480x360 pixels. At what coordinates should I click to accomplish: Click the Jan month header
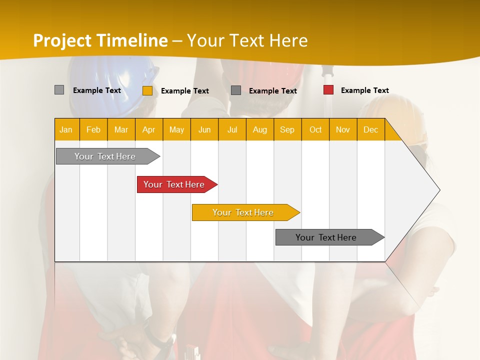[66, 129]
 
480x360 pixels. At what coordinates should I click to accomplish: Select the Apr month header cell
[149, 129]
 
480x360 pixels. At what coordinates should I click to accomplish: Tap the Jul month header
[232, 129]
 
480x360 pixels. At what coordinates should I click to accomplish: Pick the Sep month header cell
[287, 129]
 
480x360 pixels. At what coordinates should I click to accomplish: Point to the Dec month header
[370, 129]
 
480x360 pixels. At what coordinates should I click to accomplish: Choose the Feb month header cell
[93, 129]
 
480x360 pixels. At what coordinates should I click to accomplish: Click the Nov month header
[343, 129]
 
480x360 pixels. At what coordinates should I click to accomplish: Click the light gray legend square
[59, 90]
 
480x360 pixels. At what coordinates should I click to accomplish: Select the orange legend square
[147, 90]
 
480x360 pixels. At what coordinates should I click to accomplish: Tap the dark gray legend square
[236, 90]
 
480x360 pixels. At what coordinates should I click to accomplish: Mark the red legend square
[328, 90]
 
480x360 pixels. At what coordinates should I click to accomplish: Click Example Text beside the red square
[364, 90]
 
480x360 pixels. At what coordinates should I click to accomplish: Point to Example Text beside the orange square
[184, 91]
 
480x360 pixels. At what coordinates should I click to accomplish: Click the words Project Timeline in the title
[100, 40]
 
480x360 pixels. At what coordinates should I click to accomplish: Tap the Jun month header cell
[204, 129]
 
